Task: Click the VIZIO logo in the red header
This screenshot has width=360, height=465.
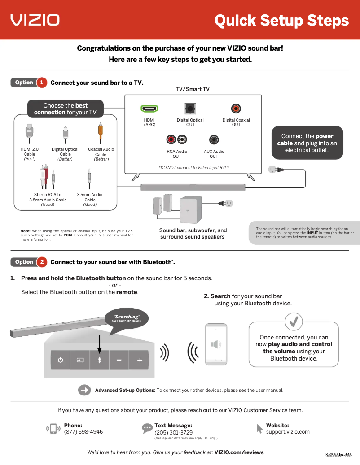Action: click(x=35, y=20)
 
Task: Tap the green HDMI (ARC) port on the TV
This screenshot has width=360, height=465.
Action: click(x=149, y=109)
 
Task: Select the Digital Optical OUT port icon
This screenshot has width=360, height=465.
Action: click(x=190, y=109)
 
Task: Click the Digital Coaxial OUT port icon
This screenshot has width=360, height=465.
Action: click(x=236, y=109)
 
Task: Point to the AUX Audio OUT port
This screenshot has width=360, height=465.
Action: click(x=214, y=140)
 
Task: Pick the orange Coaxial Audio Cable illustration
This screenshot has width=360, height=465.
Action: click(x=101, y=133)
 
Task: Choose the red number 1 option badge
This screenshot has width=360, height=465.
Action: click(x=41, y=83)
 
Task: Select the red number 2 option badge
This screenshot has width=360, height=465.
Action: click(x=41, y=262)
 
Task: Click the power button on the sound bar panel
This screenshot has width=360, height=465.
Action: click(x=60, y=360)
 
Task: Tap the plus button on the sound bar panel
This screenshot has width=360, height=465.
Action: click(x=140, y=360)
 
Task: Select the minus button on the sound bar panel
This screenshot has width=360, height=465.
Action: click(x=119, y=360)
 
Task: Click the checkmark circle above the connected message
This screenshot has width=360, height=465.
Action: click(x=294, y=321)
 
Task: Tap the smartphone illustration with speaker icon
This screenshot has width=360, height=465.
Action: click(x=216, y=344)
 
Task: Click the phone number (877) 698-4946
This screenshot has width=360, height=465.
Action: click(x=83, y=432)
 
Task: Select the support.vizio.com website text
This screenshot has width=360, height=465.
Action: click(x=288, y=432)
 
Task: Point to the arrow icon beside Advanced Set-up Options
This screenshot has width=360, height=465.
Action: click(x=84, y=390)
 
